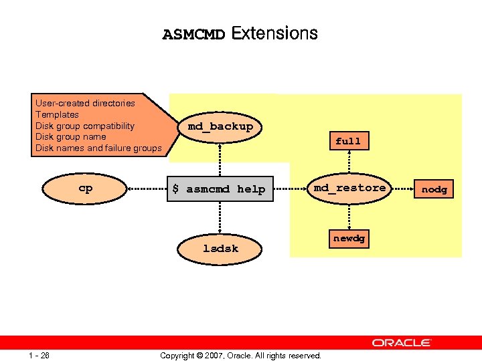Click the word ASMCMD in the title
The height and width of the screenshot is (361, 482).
click(x=194, y=35)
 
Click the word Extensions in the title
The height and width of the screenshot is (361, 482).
click(x=274, y=33)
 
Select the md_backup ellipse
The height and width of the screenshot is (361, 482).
click(x=220, y=126)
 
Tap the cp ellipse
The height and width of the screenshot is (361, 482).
click(x=86, y=189)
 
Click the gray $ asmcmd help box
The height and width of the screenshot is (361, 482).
click(x=219, y=189)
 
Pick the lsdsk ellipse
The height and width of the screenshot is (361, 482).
click(x=220, y=248)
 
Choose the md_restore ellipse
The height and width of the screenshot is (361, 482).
click(x=349, y=188)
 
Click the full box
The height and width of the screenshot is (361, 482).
click(x=348, y=141)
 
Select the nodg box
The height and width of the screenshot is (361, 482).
click(x=434, y=189)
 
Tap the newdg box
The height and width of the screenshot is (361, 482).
click(x=349, y=239)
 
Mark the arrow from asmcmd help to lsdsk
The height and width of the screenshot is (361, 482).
click(x=220, y=217)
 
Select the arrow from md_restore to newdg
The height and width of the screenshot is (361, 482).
click(x=349, y=215)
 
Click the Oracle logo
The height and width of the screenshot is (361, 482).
click(x=402, y=342)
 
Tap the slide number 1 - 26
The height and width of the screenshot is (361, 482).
click(x=39, y=355)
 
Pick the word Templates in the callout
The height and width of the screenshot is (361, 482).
click(x=57, y=114)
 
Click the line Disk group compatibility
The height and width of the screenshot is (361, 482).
click(x=85, y=126)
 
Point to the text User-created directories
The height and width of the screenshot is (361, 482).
click(x=85, y=103)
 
